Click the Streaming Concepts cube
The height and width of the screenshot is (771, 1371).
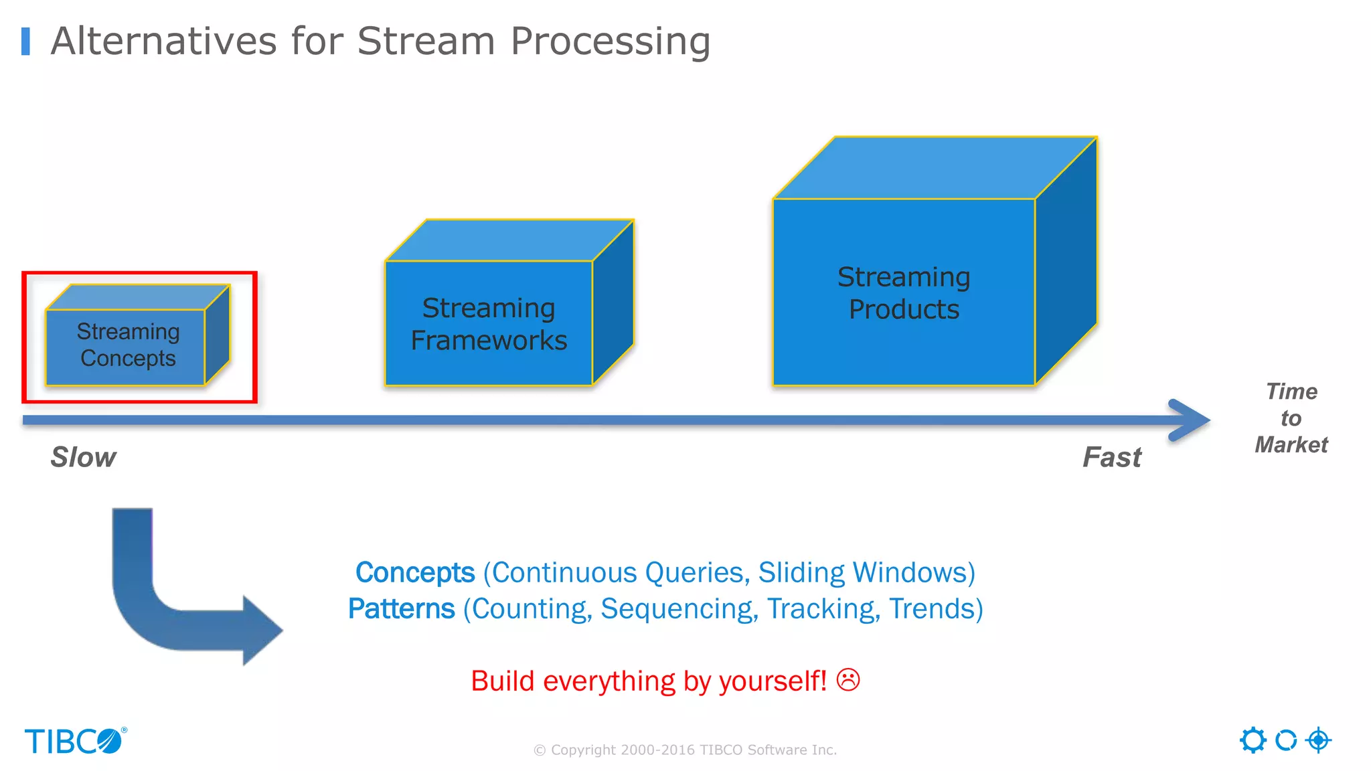point(127,345)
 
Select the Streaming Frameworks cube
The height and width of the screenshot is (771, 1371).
point(489,324)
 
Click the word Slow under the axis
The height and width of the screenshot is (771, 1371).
point(83,457)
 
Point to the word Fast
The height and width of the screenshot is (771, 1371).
point(1112,457)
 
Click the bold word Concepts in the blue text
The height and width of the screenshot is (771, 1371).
point(415,573)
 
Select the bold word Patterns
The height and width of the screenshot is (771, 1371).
point(402,609)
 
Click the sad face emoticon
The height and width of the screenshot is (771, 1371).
point(848,680)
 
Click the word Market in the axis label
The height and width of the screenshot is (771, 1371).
point(1291,445)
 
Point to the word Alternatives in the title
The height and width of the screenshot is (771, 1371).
point(163,41)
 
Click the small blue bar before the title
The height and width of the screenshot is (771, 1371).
point(26,41)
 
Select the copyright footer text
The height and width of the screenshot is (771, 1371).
point(685,750)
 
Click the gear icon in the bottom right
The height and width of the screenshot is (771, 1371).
point(1253,740)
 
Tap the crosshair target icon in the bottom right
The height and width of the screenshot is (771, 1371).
point(1318,740)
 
